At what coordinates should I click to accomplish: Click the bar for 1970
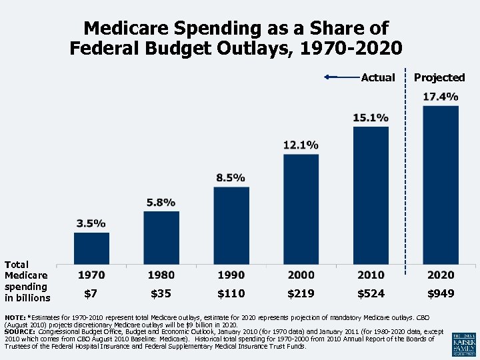pos(91,247)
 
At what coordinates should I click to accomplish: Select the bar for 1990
pos(231,225)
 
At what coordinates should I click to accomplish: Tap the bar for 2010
pos(371,195)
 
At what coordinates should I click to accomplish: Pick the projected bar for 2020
pos(441,184)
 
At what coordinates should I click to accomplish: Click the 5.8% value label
pos(161,202)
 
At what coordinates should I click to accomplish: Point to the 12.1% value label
pos(301,145)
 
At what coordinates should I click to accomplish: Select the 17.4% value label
pos(441,97)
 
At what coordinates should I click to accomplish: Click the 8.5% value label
pos(231,178)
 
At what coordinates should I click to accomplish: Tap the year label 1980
pos(161,275)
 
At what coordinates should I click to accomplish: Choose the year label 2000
pos(301,275)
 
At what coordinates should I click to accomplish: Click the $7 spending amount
pos(91,293)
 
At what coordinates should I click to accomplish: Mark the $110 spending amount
pos(231,293)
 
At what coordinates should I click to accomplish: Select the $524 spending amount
pos(371,293)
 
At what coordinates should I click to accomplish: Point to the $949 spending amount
pos(441,293)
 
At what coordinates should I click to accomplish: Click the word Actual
pos(377,77)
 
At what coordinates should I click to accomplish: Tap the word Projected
pos(439,77)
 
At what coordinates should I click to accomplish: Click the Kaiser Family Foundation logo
pos(463,343)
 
